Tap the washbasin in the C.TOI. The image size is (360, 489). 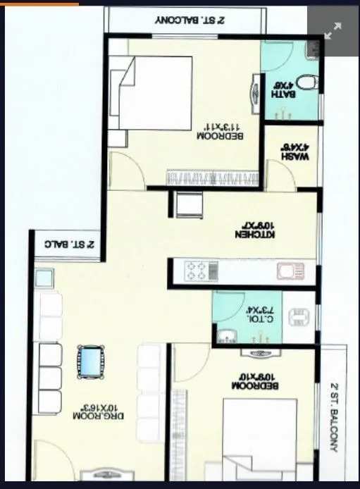tap(226, 335)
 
